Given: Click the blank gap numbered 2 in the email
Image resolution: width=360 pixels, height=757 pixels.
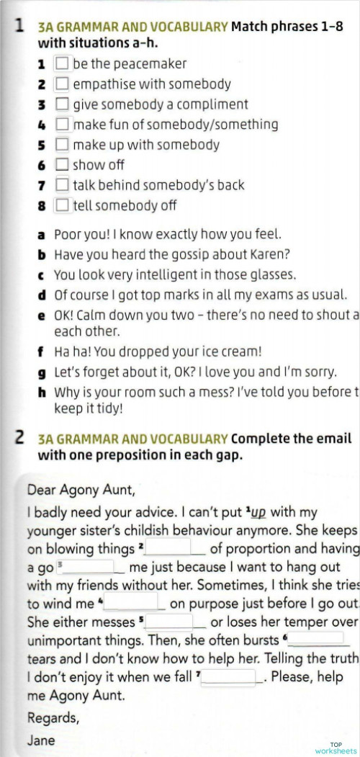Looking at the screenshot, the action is point(177,548).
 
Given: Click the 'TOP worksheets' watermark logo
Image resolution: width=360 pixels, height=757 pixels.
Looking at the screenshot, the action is point(336,748).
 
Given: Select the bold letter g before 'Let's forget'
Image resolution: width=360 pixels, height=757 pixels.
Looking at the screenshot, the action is point(42,372).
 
